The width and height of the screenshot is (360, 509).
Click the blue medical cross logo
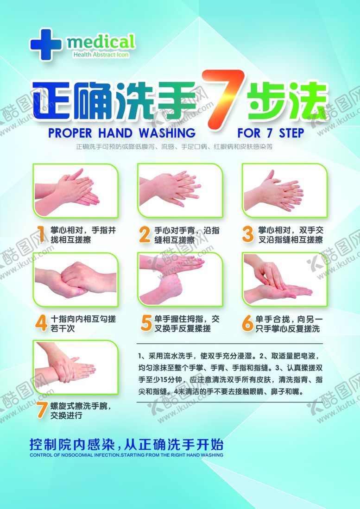pos(46,44)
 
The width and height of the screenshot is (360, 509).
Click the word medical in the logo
pos(101,42)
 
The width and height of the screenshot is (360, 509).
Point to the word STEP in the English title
pos(291,133)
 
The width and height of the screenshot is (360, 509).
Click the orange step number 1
pos(41,234)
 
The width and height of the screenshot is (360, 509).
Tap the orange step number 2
pos(145,234)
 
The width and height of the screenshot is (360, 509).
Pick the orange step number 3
pos(248,234)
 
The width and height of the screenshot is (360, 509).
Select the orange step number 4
pos(41,323)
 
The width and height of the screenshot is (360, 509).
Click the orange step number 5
pos(146,323)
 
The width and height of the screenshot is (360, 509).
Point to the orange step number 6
pos(247,323)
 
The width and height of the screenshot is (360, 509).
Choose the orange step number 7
pos(42,410)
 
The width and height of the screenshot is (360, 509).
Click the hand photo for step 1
pos(76,190)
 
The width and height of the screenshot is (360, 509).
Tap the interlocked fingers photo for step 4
pos(76,279)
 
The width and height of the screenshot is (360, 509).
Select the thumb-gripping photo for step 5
pos(180,279)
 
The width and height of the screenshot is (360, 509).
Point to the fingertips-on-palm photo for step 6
pos(284,279)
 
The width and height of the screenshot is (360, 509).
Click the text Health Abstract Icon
pos(101,55)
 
